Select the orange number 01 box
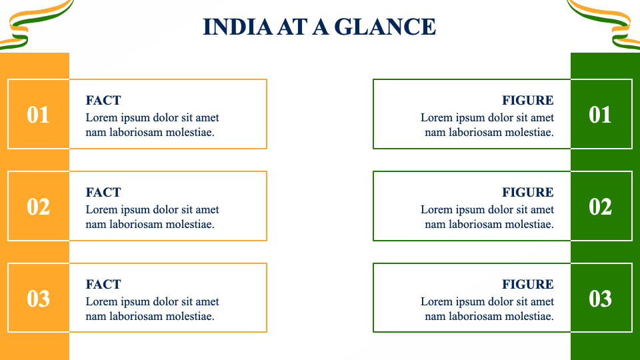point(38,114)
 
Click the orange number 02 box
point(38,206)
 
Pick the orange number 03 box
point(38,298)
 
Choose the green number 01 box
point(601,114)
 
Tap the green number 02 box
point(601,206)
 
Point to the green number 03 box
point(601,298)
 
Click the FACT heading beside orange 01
point(103,101)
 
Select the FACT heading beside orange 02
point(103,193)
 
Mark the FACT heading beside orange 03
point(103,285)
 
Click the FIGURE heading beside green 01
point(528,101)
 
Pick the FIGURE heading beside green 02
point(528,193)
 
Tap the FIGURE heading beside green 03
point(528,285)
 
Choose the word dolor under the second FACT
point(168,209)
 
